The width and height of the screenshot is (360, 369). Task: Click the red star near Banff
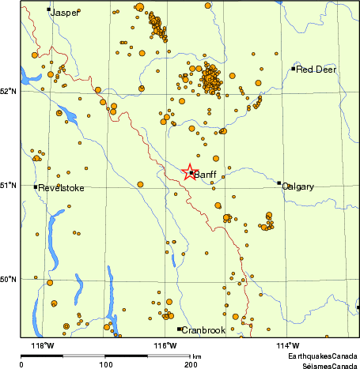[x=190, y=172]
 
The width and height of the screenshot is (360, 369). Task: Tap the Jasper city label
[x=64, y=13]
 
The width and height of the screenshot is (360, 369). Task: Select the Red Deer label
[x=316, y=70]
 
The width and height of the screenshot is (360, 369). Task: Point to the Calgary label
[x=298, y=186]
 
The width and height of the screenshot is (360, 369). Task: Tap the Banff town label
[x=205, y=175]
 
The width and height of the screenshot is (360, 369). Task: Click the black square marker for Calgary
[x=279, y=183]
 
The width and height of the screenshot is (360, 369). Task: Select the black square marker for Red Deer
[x=294, y=69]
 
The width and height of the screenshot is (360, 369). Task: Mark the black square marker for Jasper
[x=49, y=9]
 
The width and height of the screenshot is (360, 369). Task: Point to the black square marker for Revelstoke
[x=36, y=187]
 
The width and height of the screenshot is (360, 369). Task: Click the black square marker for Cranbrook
[x=180, y=329]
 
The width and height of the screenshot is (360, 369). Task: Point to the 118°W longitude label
[x=42, y=345]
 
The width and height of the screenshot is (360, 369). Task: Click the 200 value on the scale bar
[x=190, y=364]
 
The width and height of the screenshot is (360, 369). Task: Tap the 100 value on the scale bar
[x=105, y=364]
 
